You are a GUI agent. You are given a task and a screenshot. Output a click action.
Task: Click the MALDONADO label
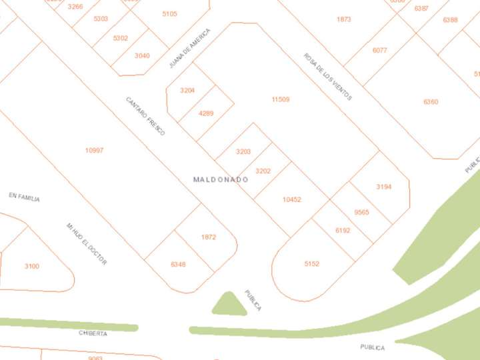coord(221,179)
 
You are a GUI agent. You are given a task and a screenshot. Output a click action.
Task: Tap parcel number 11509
coord(280,100)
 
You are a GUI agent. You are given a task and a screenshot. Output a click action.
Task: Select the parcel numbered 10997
coord(94,151)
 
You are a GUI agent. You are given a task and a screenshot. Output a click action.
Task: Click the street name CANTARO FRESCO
coord(145,116)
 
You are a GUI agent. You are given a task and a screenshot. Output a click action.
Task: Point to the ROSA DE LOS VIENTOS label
coord(327,77)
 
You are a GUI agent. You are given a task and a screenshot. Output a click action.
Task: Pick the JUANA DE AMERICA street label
coord(189,48)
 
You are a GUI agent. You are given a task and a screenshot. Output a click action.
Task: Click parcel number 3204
coord(187,90)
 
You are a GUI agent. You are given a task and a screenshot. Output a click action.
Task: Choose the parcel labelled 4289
coord(206,113)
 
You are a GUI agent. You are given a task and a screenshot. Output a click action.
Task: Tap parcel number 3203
coord(243,152)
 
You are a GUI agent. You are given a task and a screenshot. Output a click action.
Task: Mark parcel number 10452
coord(292,199)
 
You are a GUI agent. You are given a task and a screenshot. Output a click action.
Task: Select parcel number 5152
coord(311,264)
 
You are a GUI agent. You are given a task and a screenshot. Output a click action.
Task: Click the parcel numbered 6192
coord(343,231)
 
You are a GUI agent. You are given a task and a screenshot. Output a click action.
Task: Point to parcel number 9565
coord(361,212)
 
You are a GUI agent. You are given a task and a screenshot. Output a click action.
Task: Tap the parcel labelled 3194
coord(383,187)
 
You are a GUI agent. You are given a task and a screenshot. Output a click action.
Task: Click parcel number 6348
coord(178,265)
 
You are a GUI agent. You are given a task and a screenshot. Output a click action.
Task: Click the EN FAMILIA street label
coord(24,197)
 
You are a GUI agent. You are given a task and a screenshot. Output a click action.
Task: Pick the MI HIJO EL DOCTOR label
coord(87,244)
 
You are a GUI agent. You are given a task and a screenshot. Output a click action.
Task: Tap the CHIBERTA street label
coord(93,333)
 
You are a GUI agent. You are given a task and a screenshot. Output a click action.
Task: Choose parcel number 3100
coord(32,267)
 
